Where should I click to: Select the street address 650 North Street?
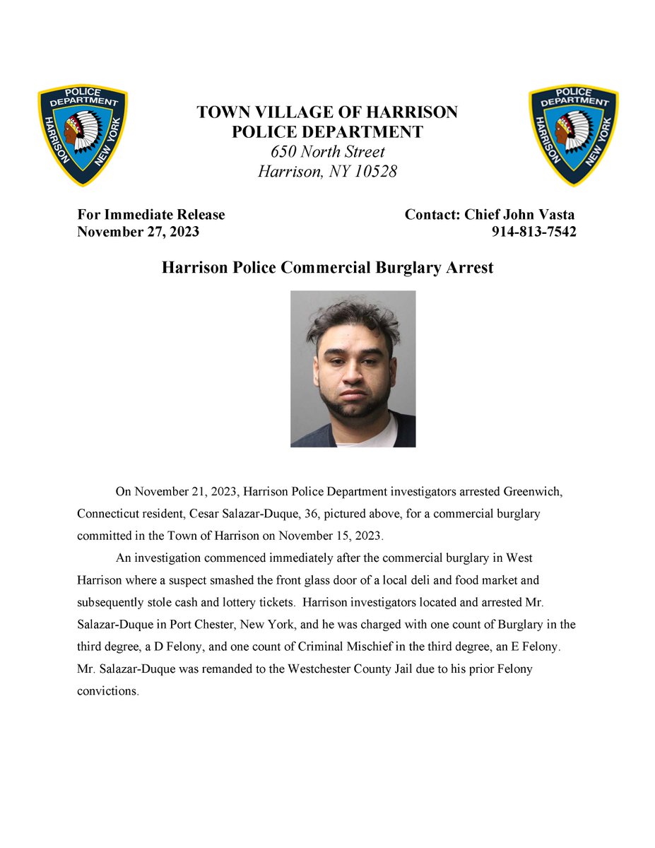tap(328, 152)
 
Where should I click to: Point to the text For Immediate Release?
tap(151, 215)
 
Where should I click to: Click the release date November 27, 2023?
tap(138, 232)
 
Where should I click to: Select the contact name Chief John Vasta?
tap(519, 215)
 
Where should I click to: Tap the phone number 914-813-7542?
tap(533, 232)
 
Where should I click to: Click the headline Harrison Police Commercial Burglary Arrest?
tap(328, 269)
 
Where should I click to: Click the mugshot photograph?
tap(353, 368)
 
